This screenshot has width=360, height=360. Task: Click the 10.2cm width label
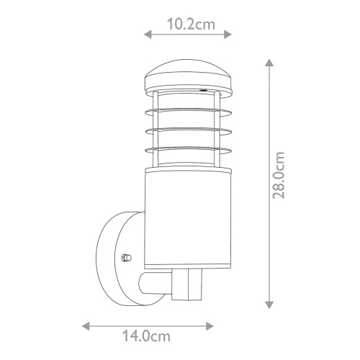(x=189, y=24)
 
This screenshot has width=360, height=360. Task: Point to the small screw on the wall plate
(x=127, y=256)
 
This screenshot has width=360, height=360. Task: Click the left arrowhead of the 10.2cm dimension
(x=148, y=33)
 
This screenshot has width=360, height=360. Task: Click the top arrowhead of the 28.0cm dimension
(x=269, y=63)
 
